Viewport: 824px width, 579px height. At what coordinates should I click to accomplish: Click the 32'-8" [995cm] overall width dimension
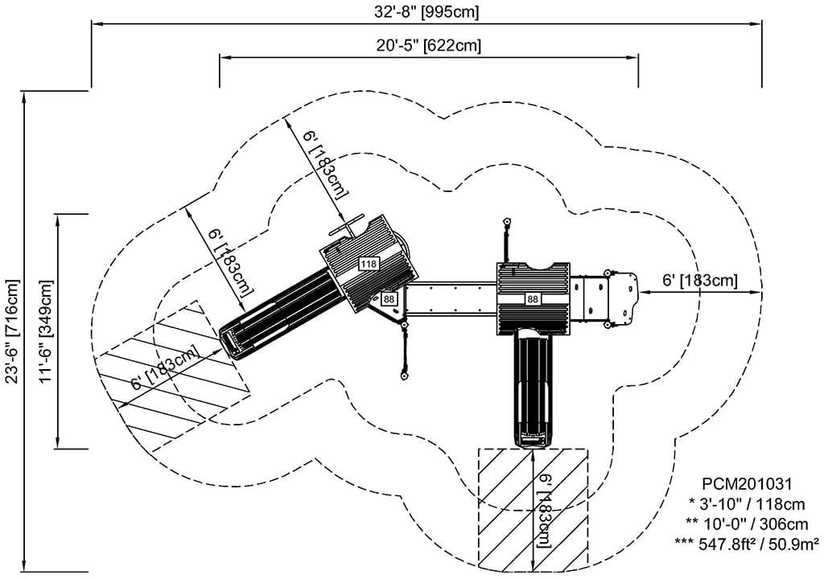(x=427, y=12)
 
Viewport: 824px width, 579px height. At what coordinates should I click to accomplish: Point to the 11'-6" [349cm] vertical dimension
(x=46, y=331)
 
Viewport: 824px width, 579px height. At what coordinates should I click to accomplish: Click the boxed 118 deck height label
(x=369, y=264)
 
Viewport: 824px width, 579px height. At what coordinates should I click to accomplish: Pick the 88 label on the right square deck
(x=533, y=299)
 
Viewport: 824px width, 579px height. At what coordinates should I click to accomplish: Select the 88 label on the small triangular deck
(x=389, y=299)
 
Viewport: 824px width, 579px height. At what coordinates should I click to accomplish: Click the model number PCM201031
(x=748, y=484)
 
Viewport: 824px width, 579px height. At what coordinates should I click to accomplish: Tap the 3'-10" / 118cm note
(x=748, y=503)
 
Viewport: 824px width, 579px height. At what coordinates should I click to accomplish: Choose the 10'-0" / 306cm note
(x=748, y=523)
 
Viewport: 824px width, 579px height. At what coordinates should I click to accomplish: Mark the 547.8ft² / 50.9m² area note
(x=748, y=543)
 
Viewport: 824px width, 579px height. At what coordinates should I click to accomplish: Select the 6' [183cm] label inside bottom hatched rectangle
(x=545, y=511)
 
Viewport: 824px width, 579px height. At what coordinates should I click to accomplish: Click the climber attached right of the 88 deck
(x=608, y=298)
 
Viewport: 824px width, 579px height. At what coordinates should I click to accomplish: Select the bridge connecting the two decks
(x=455, y=298)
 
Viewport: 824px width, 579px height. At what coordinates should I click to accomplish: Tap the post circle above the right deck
(x=507, y=221)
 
